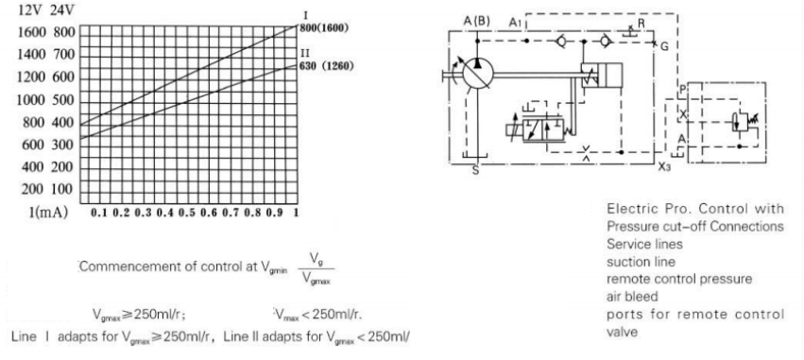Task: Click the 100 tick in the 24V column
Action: pos(62,190)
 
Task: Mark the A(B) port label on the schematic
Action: pos(477,22)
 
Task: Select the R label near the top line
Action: pos(641,22)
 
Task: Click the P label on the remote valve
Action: pos(682,90)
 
